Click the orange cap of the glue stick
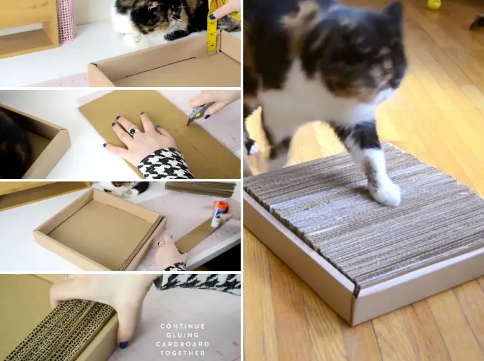pyautogui.click(x=222, y=205)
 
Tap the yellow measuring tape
pyautogui.click(x=212, y=28)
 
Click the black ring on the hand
pyautogui.click(x=134, y=132)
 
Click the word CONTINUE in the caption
pyautogui.click(x=183, y=326)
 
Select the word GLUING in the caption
pyautogui.click(x=183, y=335)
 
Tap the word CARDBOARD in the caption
pyautogui.click(x=183, y=344)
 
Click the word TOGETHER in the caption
pyautogui.click(x=183, y=353)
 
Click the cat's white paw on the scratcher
pyautogui.click(x=384, y=192)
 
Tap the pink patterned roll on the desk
pyautogui.click(x=67, y=21)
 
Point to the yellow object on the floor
pyautogui.click(x=434, y=5)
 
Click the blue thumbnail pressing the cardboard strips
pyautogui.click(x=124, y=344)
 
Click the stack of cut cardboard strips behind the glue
pyautogui.click(x=201, y=189)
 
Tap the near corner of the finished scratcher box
pyautogui.click(x=352, y=325)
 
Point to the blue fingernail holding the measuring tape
pyautogui.click(x=212, y=17)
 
